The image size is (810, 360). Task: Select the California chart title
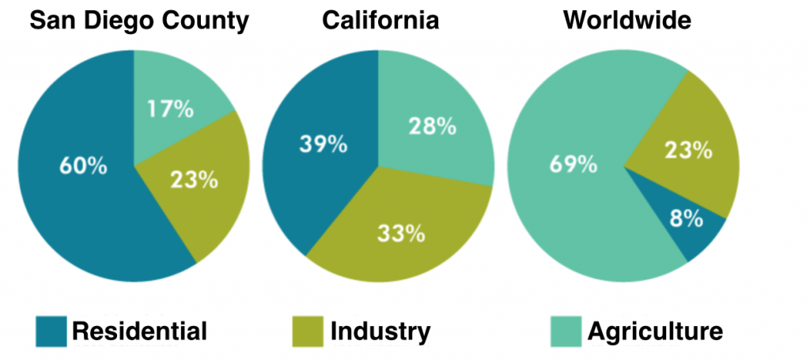pos(380,21)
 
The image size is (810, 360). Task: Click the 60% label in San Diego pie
pos(82,167)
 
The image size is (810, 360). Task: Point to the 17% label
pos(171,108)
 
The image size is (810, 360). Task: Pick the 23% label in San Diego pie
pos(195,180)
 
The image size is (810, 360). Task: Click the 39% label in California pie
pos(323,143)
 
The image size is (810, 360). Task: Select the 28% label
pos(432,126)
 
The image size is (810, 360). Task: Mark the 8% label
pos(685,218)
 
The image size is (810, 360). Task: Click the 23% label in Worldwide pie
pos(687,150)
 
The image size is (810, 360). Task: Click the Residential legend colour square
pos(51,331)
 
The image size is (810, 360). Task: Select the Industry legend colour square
pos(308,331)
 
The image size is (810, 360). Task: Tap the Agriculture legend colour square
pos(566,331)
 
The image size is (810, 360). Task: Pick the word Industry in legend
pos(380,331)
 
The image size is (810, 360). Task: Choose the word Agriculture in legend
pos(654,331)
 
